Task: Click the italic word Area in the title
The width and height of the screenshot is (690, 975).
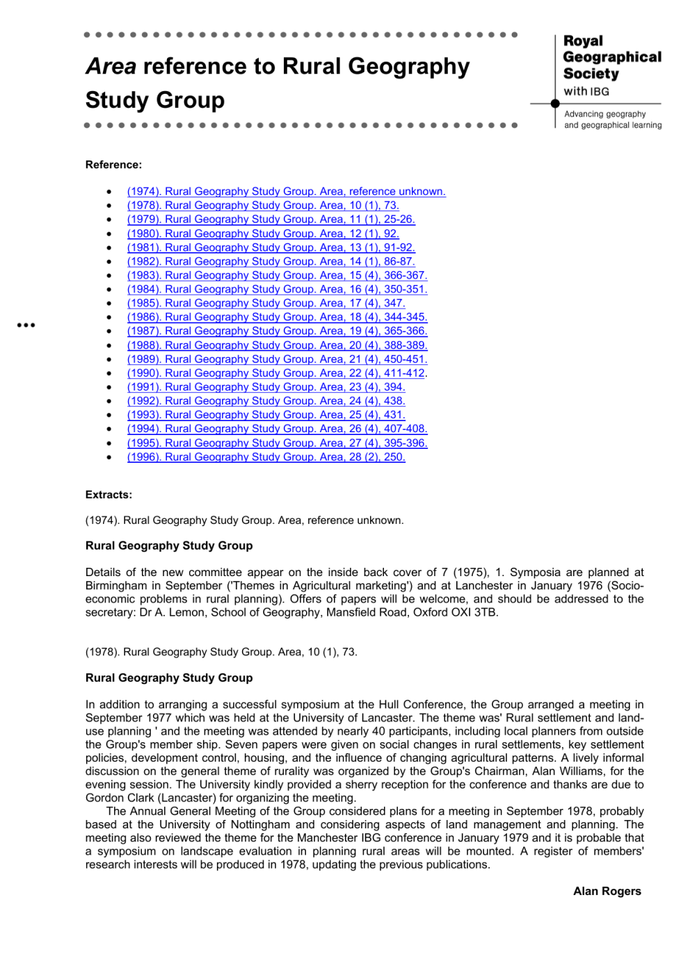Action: pyautogui.click(x=111, y=67)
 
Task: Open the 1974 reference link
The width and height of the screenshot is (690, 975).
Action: pyautogui.click(x=286, y=192)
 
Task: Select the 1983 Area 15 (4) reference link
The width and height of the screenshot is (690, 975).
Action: pyautogui.click(x=277, y=276)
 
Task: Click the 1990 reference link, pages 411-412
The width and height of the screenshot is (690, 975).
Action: pyautogui.click(x=277, y=373)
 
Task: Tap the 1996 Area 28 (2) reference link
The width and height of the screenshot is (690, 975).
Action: pyautogui.click(x=266, y=457)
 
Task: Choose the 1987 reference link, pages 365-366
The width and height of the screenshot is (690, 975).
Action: pyautogui.click(x=277, y=331)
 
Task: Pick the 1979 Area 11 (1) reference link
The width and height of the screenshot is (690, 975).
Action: pyautogui.click(x=271, y=220)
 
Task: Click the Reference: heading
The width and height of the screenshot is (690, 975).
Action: pyautogui.click(x=113, y=165)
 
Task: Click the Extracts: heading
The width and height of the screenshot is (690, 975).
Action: pyautogui.click(x=109, y=495)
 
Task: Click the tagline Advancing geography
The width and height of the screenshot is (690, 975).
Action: pyautogui.click(x=604, y=114)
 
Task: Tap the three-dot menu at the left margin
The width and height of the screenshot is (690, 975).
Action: pyautogui.click(x=26, y=325)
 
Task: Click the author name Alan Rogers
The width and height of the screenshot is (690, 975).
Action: pyautogui.click(x=607, y=892)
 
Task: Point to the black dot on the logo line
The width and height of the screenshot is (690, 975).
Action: pyautogui.click(x=555, y=104)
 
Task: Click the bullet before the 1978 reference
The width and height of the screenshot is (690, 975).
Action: pyautogui.click(x=109, y=206)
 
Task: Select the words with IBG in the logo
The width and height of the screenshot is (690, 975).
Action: pyautogui.click(x=586, y=92)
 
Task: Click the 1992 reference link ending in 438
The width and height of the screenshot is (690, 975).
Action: pyautogui.click(x=266, y=401)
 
